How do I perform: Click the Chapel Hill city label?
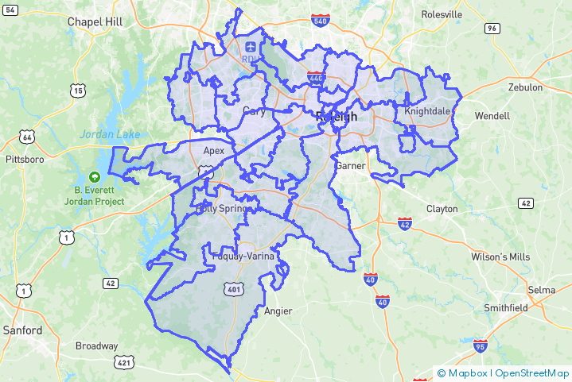point(95,21)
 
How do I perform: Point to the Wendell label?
point(492,116)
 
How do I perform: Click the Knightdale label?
point(427,111)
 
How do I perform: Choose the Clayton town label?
point(442,209)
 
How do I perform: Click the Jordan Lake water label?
point(110,134)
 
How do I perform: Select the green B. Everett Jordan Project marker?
point(95,176)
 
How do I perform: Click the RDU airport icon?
point(251,47)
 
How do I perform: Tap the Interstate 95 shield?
point(480,345)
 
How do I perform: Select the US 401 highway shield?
point(234,291)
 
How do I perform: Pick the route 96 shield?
point(492,29)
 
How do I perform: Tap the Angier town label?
point(278,311)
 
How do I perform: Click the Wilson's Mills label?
point(500,257)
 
